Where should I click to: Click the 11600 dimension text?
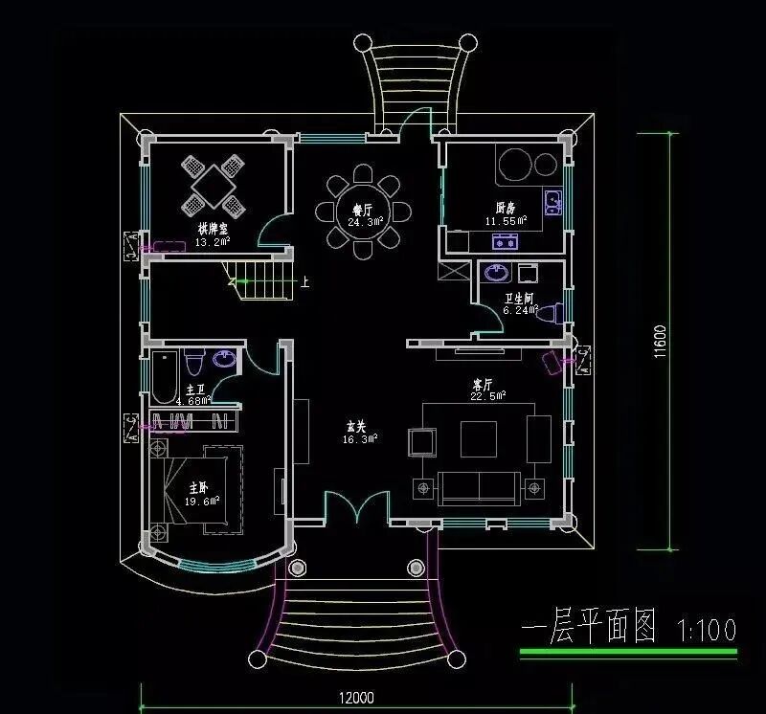(x=660, y=342)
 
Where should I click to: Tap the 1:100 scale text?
(x=707, y=630)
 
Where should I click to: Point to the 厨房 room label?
(x=506, y=208)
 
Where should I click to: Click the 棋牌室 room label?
(x=213, y=230)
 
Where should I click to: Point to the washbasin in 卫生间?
(x=497, y=273)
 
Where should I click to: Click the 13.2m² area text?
(x=212, y=242)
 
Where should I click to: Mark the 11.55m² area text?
(x=506, y=220)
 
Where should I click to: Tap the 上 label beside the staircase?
(x=304, y=281)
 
